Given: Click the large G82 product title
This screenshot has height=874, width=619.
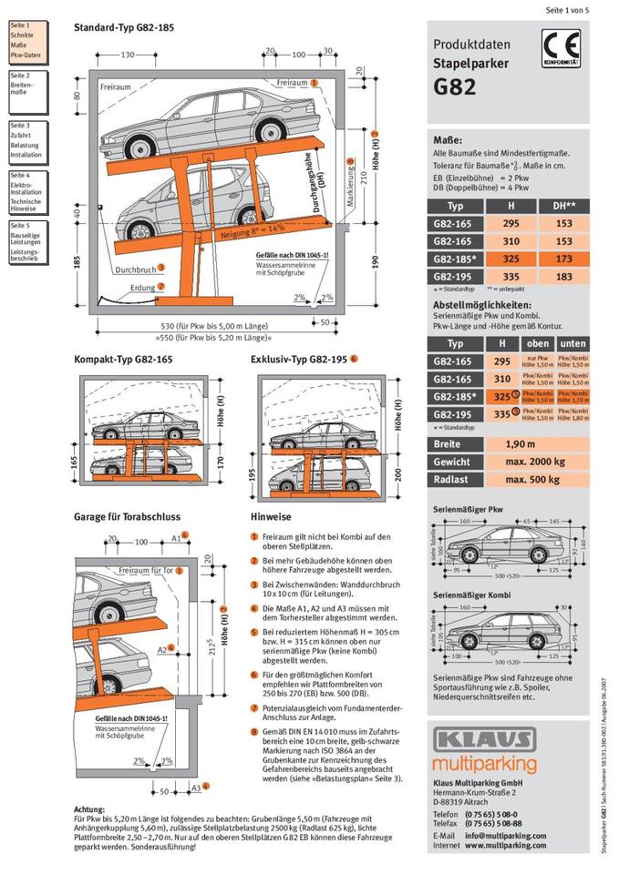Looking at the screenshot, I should (x=456, y=88).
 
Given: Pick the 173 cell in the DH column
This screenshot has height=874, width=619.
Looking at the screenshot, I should (x=564, y=259).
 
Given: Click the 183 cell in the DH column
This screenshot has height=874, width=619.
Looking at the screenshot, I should (x=564, y=276).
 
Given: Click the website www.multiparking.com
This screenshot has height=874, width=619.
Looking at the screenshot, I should (x=505, y=845).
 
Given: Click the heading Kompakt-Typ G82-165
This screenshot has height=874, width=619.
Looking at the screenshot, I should (x=123, y=360).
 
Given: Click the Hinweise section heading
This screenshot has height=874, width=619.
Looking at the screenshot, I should (x=271, y=517).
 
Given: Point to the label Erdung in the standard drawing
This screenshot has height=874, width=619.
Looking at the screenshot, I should (x=142, y=287).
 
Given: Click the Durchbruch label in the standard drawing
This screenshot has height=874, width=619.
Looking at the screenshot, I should (x=134, y=269).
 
